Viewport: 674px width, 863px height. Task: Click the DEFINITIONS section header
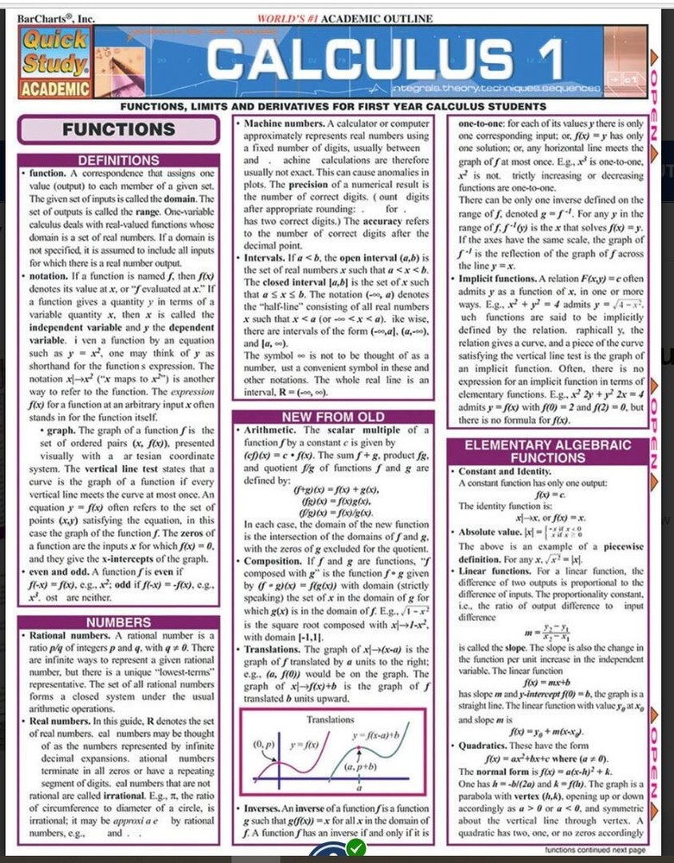pyautogui.click(x=119, y=161)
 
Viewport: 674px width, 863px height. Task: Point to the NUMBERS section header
pyautogui.click(x=119, y=622)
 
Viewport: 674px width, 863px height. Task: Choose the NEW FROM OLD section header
pyautogui.click(x=332, y=418)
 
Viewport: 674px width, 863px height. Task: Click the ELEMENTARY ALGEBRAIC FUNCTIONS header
pyautogui.click(x=547, y=451)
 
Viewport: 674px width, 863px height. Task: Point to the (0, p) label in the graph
pyautogui.click(x=263, y=743)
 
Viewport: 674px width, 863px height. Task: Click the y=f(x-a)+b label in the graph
pyautogui.click(x=379, y=735)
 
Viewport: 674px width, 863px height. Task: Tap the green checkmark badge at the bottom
pyautogui.click(x=355, y=850)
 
